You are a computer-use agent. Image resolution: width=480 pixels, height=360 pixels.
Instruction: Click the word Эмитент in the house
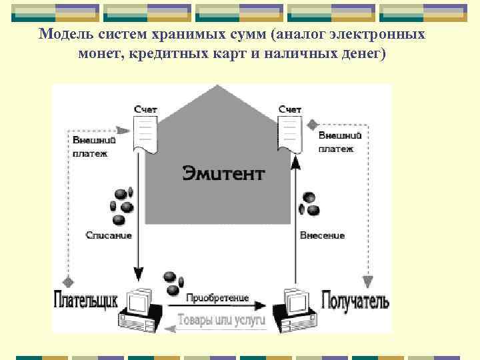click(223, 174)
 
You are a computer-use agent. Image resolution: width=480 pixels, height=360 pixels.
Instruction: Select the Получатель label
click(355, 299)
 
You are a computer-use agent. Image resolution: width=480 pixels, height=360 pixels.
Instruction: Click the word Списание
click(109, 235)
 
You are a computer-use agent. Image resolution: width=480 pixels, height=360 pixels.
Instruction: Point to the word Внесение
click(322, 235)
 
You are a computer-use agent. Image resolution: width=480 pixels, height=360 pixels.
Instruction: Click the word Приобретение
click(217, 297)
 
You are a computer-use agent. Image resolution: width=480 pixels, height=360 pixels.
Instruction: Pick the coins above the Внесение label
click(309, 204)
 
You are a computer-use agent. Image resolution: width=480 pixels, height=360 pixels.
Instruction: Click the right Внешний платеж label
click(340, 141)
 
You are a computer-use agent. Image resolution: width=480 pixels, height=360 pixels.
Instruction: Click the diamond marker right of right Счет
click(312, 124)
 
